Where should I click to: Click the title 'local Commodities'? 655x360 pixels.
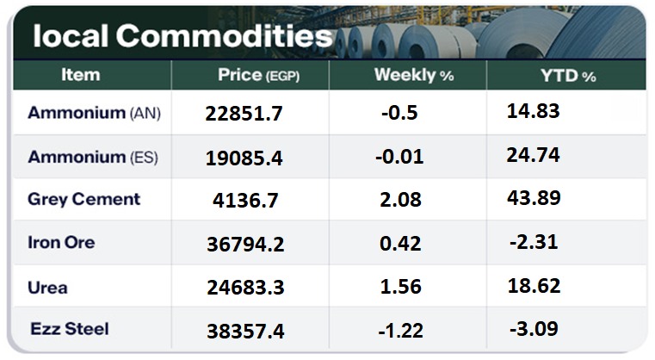pos(182,35)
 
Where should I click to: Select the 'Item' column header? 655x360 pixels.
pos(80,75)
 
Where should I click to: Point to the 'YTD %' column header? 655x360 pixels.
pos(567,76)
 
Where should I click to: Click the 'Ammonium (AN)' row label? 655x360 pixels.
pos(94,113)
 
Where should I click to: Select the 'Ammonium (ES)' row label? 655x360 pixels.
pos(94,157)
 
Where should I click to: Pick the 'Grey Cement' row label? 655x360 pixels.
pos(83,199)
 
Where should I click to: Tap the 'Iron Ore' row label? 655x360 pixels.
pos(61,242)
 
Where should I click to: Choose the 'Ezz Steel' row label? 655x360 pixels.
pos(70,328)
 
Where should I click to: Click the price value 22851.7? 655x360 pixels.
pos(244,115)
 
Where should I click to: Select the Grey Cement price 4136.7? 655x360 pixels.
pos(245,201)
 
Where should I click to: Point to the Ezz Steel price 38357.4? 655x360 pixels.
pos(245,331)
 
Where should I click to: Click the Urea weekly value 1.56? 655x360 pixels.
pos(401,287)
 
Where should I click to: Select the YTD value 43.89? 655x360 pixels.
pos(535,198)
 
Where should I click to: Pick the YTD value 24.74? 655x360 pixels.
pos(535,155)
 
